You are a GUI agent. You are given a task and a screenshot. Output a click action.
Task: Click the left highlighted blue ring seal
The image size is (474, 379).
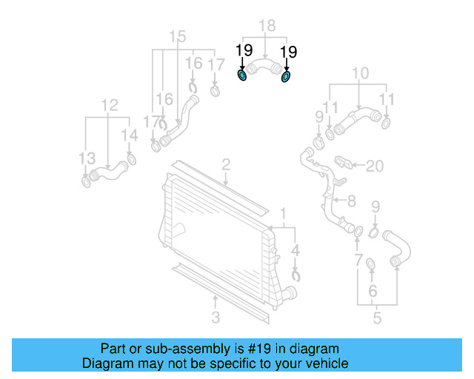coord(242,75)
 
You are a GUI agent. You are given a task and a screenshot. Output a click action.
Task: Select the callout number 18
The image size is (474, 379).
coord(266,27)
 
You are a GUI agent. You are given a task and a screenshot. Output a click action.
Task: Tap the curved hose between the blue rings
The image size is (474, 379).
coord(264,70)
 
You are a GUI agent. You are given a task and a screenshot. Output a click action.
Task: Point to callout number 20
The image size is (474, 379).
coord(375,166)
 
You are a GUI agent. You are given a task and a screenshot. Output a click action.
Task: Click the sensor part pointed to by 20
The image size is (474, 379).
coord(345,162)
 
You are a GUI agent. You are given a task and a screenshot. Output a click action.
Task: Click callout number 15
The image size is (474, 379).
coord(178,37)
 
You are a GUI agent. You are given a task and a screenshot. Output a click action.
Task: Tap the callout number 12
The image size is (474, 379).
coord(110,105)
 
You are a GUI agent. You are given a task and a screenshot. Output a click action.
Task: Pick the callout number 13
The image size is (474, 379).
coord(87,158)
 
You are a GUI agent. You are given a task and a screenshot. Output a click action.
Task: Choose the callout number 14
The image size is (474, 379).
coord(130,135)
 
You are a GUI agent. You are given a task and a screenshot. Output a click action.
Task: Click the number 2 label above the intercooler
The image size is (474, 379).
coord(226,164)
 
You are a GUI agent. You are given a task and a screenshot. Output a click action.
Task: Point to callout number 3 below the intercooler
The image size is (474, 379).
coord(216,318)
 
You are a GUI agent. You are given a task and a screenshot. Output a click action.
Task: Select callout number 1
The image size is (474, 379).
coord(282,215)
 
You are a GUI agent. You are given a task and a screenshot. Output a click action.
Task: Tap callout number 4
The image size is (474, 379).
coord(296,249)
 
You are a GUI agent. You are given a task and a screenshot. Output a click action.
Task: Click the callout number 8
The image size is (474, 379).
coord(351,200)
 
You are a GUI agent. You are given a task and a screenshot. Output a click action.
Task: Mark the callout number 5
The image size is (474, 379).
coord(377,319)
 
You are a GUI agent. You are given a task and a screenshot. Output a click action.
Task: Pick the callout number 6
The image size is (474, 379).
coord(373,291)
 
